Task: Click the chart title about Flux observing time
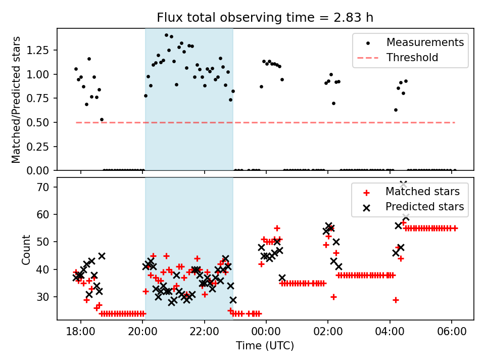[265, 18]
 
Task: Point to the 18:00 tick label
[81, 333]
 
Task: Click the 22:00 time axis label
[204, 333]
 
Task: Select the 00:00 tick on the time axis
[266, 333]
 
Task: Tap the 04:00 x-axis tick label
[390, 333]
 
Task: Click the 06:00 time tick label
[451, 333]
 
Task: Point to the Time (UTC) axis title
[265, 346]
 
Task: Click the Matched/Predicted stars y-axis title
[17, 100]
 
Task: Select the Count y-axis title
[26, 249]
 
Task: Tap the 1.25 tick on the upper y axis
[42, 51]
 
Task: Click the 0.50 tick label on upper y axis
[42, 123]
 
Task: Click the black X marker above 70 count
[403, 184]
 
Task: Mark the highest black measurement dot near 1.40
[166, 35]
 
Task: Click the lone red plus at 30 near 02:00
[333, 297]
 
